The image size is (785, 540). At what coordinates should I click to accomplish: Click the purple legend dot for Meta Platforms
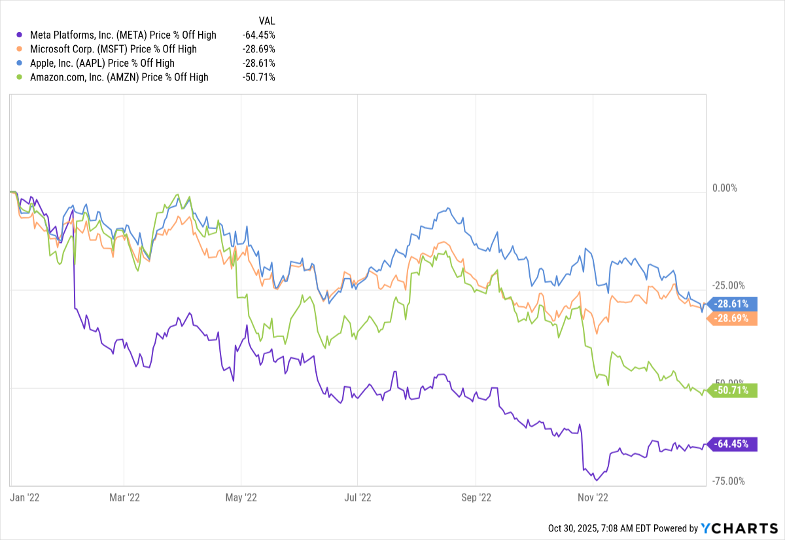point(18,35)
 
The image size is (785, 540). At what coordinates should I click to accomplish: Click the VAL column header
point(267,21)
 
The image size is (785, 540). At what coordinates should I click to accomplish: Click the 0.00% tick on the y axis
point(724,188)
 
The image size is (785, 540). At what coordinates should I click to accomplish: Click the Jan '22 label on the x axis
point(26,497)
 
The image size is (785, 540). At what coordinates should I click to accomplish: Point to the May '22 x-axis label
point(241,497)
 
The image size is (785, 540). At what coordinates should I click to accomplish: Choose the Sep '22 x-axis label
point(476,497)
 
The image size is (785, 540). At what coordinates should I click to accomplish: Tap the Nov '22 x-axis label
point(592,497)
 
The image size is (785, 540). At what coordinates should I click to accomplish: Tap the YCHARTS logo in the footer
point(739,528)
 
